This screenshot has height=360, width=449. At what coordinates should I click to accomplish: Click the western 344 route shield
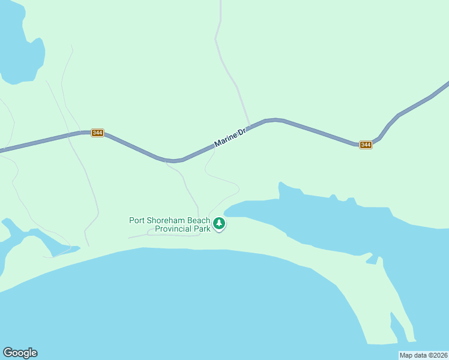point(97,133)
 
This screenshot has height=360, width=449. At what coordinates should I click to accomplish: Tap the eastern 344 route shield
point(366,145)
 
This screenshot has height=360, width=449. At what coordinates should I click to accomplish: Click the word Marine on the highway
point(224,140)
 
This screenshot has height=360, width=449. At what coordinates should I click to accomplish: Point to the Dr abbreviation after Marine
point(242,132)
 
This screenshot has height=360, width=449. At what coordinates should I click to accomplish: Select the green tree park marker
point(220,224)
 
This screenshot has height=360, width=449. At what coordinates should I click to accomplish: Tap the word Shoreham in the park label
point(167,220)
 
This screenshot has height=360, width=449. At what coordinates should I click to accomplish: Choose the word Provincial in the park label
point(173,229)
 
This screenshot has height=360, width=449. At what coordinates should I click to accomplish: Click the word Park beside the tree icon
point(202,229)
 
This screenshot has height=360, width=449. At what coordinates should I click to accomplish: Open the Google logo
point(20,353)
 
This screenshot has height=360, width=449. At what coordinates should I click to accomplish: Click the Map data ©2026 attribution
point(423,355)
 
